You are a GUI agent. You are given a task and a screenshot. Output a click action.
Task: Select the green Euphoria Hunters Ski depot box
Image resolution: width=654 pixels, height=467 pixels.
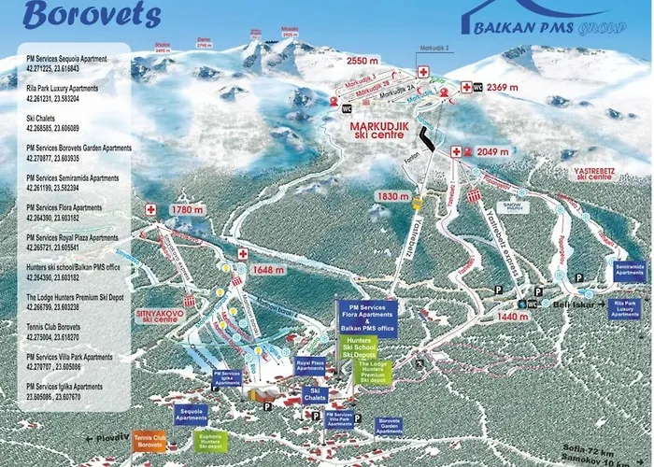[x=211, y=439]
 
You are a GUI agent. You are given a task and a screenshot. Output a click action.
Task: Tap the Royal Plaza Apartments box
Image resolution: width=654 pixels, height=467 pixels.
[x=310, y=366]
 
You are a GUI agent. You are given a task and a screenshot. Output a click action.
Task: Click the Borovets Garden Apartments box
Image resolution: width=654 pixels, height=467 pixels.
[x=389, y=426]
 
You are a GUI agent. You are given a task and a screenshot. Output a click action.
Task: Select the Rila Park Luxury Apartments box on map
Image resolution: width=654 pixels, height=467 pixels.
[x=625, y=308]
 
